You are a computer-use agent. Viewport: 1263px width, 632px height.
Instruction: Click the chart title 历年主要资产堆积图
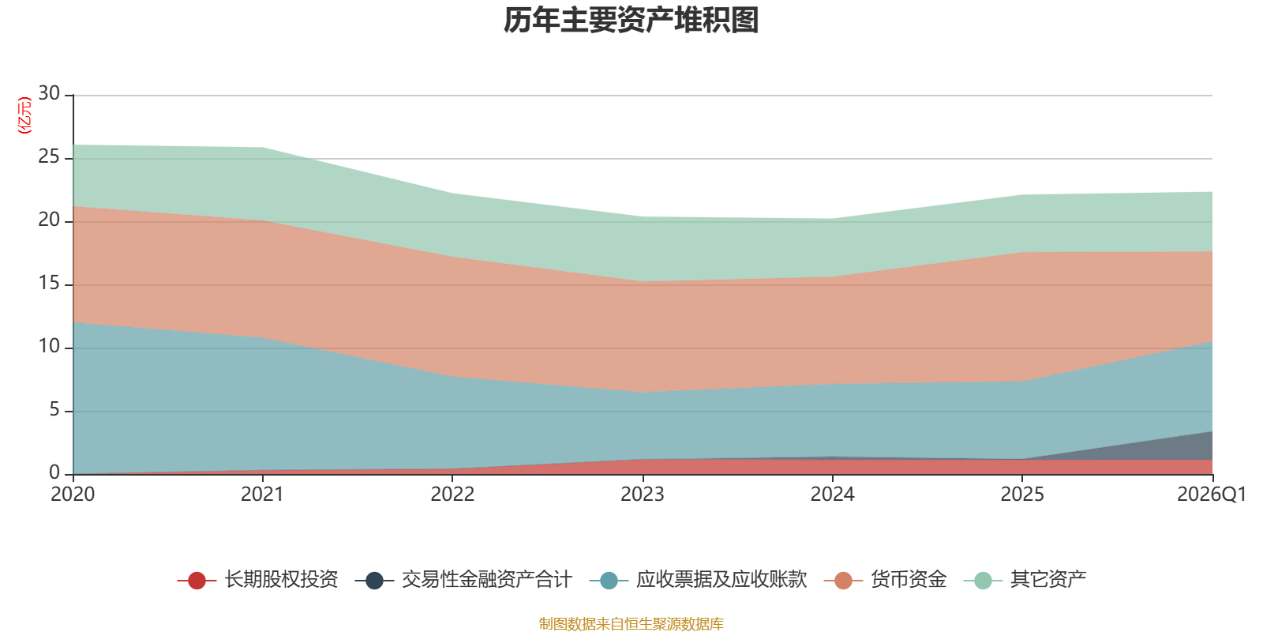[x=631, y=21]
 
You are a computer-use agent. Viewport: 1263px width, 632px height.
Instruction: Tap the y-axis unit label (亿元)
[x=24, y=115]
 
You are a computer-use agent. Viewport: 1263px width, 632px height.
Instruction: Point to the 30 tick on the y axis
[x=49, y=94]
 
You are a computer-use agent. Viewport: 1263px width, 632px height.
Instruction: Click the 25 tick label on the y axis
[x=49, y=157]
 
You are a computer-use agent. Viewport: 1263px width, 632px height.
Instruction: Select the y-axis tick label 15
[x=49, y=284]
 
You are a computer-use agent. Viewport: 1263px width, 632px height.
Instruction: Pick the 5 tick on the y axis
[x=54, y=410]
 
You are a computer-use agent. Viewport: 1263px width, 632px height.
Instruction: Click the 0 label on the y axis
[x=54, y=472]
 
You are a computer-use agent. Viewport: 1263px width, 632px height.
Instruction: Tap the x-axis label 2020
[x=73, y=495]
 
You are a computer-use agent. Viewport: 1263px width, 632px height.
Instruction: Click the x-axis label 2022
[x=453, y=495]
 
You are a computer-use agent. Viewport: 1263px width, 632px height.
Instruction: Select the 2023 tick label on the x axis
[x=643, y=495]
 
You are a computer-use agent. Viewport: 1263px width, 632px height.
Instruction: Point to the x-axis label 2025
[x=1022, y=495]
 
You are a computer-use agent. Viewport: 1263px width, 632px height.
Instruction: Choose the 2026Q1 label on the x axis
[x=1211, y=495]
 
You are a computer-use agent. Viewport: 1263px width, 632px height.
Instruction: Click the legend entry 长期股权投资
[x=257, y=580]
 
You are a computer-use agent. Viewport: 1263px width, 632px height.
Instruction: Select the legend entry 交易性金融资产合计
[x=463, y=580]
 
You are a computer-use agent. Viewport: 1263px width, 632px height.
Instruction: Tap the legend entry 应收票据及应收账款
[x=698, y=580]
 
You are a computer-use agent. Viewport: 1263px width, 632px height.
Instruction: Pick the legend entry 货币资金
[x=885, y=580]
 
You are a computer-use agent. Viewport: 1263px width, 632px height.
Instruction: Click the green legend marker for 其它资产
[x=983, y=581]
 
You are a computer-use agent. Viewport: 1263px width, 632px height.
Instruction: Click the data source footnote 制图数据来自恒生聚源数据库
[x=631, y=623]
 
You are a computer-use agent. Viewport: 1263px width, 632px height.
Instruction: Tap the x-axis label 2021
[x=263, y=495]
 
